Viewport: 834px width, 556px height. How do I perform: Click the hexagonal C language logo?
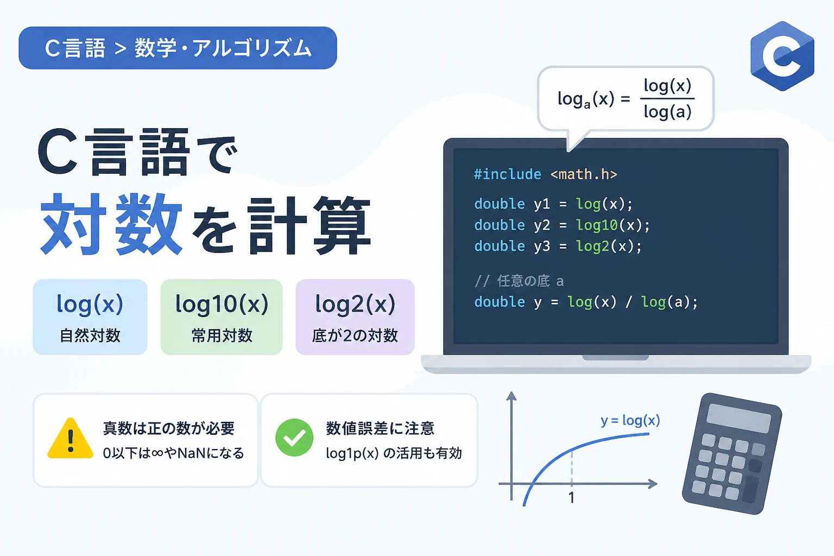[x=782, y=56]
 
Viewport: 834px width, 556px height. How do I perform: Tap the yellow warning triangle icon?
[x=71, y=439]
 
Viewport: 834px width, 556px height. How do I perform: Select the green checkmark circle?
[x=294, y=438]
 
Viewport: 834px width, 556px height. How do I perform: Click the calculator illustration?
[x=732, y=453]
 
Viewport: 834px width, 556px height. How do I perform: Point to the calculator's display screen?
[x=738, y=418]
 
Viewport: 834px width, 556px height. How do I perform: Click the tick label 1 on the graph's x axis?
[x=572, y=498]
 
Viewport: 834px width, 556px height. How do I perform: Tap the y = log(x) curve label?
[x=630, y=420]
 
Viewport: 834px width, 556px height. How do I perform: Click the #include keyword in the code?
[x=508, y=174]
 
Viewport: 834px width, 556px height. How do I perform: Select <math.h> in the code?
[x=584, y=174]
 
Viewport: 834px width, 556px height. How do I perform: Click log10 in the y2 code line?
[x=597, y=225]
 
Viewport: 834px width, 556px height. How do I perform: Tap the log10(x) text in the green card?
[x=222, y=304]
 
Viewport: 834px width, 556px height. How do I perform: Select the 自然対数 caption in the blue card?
[x=90, y=336]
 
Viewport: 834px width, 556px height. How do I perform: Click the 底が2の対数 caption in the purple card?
[x=355, y=336]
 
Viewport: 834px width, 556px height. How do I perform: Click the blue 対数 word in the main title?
[x=111, y=224]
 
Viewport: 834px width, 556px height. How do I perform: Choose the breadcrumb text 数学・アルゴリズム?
[x=223, y=48]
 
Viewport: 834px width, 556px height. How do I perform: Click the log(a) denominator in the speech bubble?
[x=667, y=111]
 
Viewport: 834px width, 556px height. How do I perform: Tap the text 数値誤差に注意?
[x=380, y=428]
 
